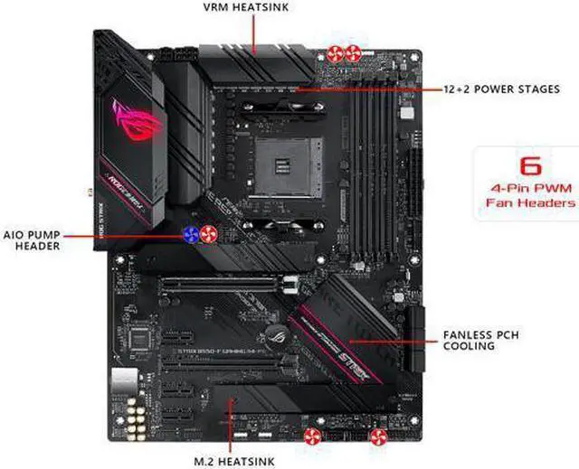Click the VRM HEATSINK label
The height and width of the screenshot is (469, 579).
point(254,7)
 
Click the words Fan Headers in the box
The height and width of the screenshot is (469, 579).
point(528,203)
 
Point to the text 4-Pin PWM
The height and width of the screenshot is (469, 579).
point(528,190)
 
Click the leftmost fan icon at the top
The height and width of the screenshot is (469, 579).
point(336,51)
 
